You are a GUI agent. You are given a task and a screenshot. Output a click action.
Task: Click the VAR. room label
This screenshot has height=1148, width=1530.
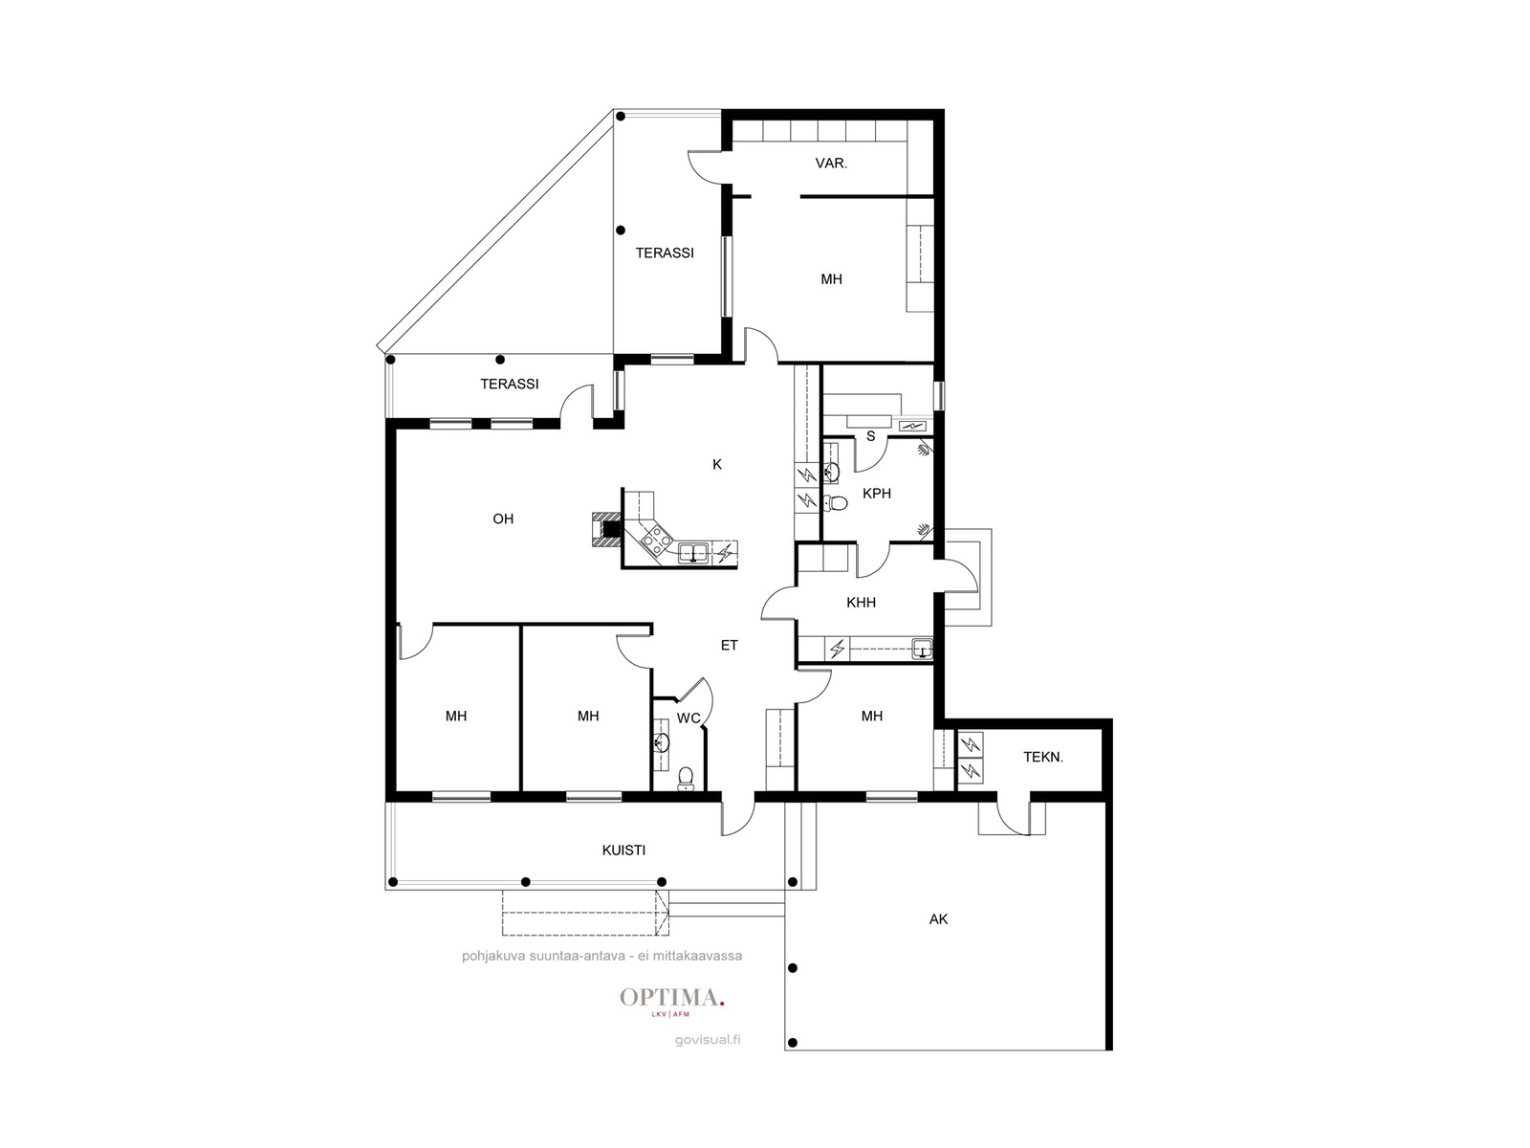click(831, 163)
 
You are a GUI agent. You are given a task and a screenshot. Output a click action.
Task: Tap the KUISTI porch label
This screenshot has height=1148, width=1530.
click(623, 850)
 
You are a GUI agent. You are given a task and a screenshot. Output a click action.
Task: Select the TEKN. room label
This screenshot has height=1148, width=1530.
click(1042, 757)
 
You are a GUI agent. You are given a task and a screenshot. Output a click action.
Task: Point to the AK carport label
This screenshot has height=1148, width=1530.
click(938, 919)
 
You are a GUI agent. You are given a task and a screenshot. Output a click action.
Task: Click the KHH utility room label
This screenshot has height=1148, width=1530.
click(861, 603)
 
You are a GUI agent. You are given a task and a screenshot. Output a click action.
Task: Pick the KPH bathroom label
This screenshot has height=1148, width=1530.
click(876, 494)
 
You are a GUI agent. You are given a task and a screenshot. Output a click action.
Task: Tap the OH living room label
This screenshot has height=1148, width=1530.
click(503, 519)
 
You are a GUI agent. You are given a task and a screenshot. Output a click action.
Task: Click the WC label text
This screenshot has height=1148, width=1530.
click(688, 717)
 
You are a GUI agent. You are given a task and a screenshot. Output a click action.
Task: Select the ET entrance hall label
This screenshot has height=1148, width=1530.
click(729, 646)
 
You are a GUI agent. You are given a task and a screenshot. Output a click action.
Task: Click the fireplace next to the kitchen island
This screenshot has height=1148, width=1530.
click(606, 529)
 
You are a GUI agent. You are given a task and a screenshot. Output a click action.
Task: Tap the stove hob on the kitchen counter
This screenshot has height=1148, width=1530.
click(657, 538)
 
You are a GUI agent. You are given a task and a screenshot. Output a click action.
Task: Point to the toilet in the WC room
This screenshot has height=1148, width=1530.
click(686, 778)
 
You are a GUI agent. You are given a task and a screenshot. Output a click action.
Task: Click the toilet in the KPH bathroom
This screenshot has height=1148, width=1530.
click(835, 502)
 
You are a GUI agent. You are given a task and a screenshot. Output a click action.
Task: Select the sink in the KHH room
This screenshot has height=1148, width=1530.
click(922, 649)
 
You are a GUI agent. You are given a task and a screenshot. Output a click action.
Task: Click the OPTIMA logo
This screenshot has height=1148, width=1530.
click(672, 1001)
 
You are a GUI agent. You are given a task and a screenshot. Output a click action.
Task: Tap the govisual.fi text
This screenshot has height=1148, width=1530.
click(708, 1040)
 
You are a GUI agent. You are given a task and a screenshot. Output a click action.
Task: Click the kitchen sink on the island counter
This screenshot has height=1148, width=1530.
click(693, 552)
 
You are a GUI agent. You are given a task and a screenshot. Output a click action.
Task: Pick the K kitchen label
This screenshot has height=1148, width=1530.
click(716, 464)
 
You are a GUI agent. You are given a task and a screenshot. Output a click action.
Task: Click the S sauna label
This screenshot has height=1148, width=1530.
click(870, 436)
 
